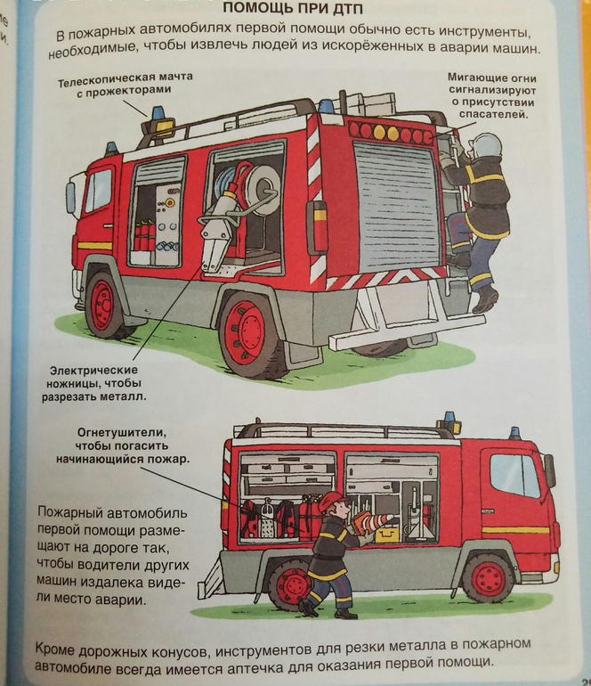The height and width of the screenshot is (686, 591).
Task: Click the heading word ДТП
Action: [x=345, y=8]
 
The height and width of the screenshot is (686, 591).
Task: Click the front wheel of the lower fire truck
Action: [x=488, y=578]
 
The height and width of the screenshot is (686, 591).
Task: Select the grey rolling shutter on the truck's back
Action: [x=396, y=205]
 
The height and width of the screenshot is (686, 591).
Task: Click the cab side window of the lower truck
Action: [x=516, y=475]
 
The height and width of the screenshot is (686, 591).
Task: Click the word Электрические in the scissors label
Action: [x=93, y=370]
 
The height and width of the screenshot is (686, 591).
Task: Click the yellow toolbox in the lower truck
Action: [x=387, y=535]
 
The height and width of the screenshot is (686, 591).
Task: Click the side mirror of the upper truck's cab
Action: [x=70, y=198]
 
